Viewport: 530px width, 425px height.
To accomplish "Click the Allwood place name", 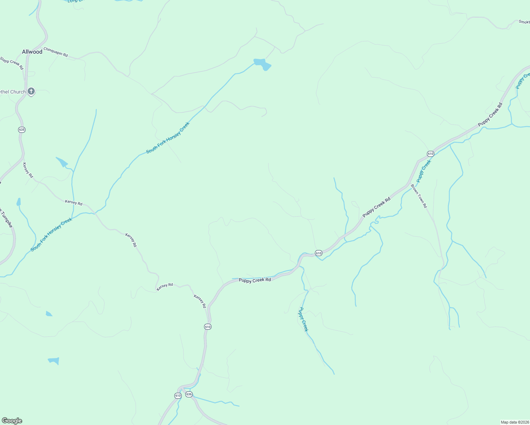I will [x=32, y=52].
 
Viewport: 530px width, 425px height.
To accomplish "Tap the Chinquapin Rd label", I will [x=56, y=52].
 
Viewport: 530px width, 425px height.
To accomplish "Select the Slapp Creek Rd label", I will [x=12, y=62].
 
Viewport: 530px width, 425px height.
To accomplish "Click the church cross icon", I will [x=31, y=91].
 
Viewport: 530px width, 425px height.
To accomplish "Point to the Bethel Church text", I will [x=13, y=92].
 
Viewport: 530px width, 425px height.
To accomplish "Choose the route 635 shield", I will [x=22, y=130].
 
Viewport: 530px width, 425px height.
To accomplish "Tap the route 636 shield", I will [x=189, y=394].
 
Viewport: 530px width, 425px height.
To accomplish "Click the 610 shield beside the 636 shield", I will [x=178, y=396].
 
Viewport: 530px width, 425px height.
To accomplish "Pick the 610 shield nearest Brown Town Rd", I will [x=430, y=154].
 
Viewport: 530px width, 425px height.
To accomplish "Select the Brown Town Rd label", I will [x=419, y=196].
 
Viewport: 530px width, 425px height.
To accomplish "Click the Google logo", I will [x=12, y=421].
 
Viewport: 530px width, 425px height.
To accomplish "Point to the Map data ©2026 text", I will [x=514, y=422].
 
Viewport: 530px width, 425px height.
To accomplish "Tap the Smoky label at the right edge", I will [x=524, y=22].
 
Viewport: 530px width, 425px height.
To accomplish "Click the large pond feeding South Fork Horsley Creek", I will [x=263, y=64].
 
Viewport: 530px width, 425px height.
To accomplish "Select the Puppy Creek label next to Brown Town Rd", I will [x=424, y=171].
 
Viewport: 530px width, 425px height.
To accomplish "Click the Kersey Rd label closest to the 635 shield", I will [x=28, y=170].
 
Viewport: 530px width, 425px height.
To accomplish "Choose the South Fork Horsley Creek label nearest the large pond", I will [x=168, y=138].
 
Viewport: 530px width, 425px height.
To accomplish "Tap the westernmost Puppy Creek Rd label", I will [x=255, y=280].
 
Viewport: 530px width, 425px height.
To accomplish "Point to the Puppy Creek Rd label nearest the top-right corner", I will [x=490, y=115].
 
